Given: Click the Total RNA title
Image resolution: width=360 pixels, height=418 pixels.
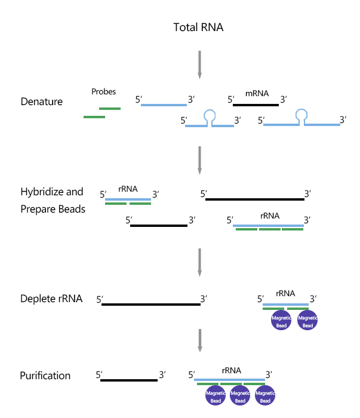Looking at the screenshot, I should tap(198, 27).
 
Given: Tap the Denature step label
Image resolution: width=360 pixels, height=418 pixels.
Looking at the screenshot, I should tap(41, 102).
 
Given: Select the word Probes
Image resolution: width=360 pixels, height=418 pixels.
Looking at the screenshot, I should tap(103, 92).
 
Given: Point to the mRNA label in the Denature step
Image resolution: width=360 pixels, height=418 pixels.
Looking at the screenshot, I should tap(257, 94).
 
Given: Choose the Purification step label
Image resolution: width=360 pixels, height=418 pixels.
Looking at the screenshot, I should tap(45, 376).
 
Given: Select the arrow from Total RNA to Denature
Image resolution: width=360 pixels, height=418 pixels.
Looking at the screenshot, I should tap(199, 64).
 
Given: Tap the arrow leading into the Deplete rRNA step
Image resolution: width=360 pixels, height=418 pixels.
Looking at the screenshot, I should tap(199, 261).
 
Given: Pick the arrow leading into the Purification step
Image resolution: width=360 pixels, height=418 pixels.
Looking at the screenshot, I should tap(199, 341).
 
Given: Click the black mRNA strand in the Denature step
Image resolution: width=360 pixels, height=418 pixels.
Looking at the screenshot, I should tap(256, 105).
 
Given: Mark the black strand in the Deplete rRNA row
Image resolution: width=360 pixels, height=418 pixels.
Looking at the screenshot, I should tap(151, 305).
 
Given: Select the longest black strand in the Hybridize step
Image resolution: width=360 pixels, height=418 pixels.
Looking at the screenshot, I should tap(255, 199).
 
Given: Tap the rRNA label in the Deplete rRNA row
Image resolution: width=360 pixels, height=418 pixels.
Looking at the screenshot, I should tap(285, 293).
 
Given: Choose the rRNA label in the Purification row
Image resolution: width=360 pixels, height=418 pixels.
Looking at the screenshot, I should tap(231, 370).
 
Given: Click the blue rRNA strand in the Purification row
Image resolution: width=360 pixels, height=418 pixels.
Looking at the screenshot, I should tap(230, 379).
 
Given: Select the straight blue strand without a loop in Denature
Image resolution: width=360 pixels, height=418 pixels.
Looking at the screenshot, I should tap(164, 105).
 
